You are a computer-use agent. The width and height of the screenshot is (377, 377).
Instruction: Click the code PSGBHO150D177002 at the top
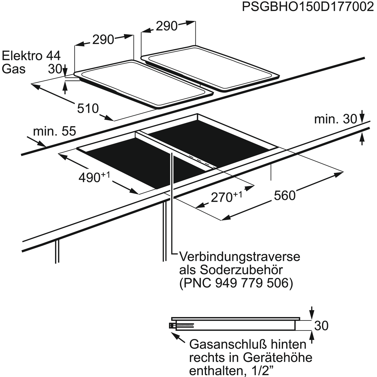point(308,7)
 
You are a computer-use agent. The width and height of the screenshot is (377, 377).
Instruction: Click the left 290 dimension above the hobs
point(103,40)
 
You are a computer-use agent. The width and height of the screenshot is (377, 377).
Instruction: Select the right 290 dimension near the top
point(167,26)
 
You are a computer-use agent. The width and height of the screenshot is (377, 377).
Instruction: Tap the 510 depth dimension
point(88,109)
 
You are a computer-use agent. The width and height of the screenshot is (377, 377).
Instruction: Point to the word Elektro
point(22,56)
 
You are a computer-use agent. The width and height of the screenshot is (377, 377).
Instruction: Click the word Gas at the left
point(14,69)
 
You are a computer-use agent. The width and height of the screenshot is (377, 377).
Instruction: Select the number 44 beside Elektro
point(53,56)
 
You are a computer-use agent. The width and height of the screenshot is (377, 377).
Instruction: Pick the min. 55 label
point(54,131)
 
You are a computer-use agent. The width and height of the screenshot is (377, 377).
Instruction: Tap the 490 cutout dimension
point(94,177)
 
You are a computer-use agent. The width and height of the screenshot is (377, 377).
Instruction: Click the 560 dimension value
point(285,196)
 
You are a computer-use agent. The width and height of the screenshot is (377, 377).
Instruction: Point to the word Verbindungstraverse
point(240,257)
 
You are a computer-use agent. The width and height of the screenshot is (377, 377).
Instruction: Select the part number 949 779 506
point(252,283)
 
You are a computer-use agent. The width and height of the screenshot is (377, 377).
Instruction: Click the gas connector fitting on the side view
point(173,325)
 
